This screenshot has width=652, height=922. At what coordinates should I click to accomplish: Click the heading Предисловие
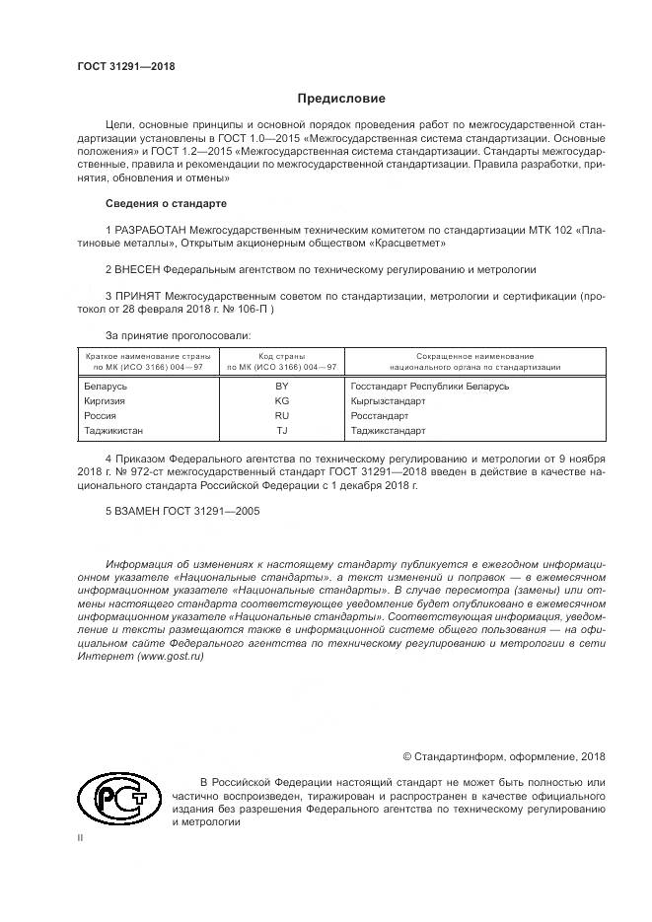click(x=341, y=99)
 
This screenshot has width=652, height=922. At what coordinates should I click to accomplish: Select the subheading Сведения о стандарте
click(x=166, y=203)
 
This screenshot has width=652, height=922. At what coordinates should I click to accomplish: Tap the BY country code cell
click(x=282, y=387)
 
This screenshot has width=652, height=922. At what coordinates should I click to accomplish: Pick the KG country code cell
click(x=282, y=401)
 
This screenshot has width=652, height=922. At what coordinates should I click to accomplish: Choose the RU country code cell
click(x=282, y=416)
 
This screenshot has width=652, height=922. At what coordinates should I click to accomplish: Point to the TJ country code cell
click(x=282, y=431)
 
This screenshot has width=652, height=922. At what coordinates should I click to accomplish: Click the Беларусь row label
click(x=107, y=387)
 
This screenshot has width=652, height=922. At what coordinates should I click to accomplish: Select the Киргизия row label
click(x=107, y=401)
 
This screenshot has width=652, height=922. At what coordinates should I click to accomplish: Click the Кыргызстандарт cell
click(x=388, y=401)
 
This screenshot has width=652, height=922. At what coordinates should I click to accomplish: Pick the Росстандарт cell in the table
click(x=380, y=416)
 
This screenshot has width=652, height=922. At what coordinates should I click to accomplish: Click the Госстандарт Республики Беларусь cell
click(x=429, y=387)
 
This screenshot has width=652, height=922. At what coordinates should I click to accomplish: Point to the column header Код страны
click(x=282, y=355)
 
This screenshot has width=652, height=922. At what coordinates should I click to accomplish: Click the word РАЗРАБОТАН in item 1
click(x=150, y=229)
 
